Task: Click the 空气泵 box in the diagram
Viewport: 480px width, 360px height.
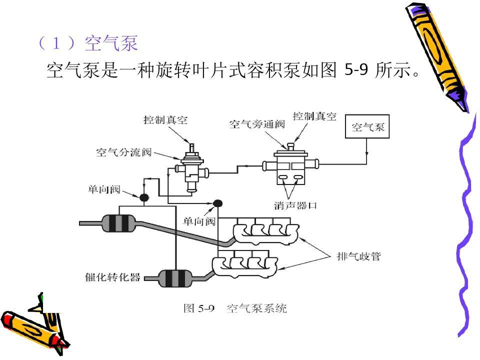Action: click(x=367, y=127)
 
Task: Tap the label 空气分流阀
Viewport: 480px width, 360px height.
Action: click(x=123, y=152)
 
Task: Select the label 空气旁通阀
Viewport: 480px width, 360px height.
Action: click(x=251, y=123)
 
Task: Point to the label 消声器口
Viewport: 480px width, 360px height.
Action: click(x=296, y=205)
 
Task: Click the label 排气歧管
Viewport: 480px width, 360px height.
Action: click(x=358, y=256)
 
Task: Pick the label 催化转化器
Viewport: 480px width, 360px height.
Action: click(x=112, y=277)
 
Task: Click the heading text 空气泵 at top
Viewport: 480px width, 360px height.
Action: click(x=111, y=43)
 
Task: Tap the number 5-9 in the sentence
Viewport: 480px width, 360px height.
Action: click(x=356, y=70)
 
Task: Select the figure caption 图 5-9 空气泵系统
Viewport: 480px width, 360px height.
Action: click(x=235, y=308)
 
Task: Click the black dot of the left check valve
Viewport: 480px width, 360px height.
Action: click(x=143, y=197)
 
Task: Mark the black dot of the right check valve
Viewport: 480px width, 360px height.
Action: click(x=217, y=203)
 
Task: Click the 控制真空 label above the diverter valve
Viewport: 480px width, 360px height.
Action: click(x=165, y=120)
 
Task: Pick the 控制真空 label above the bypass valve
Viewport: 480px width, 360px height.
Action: click(x=314, y=116)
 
